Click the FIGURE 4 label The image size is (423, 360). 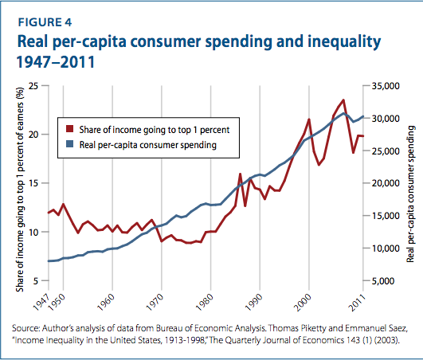(45, 22)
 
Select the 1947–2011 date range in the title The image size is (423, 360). (56, 62)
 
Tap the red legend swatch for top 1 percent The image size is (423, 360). (70, 129)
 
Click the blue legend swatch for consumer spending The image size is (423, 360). (70, 144)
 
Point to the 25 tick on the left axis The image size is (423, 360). (33, 86)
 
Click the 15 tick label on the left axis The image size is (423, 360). (33, 183)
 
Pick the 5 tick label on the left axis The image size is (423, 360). (36, 281)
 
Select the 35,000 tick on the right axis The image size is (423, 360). (386, 86)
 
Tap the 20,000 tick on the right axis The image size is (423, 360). (386, 183)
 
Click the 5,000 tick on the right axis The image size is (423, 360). (384, 281)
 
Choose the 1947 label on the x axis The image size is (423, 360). (41, 303)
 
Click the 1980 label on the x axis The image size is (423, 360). (204, 303)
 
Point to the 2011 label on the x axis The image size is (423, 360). (357, 303)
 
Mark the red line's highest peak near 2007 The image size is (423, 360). (343, 100)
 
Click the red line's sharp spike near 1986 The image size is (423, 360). (240, 174)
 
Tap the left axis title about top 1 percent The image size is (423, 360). (20, 190)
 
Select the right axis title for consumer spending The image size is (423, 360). (410, 194)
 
